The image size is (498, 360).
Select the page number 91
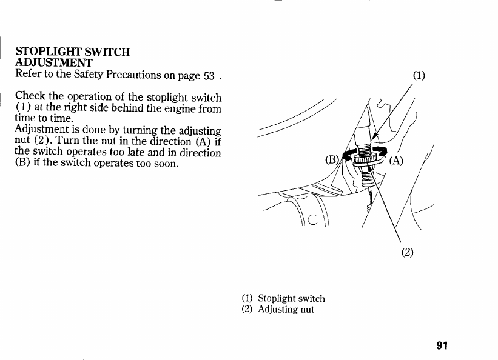441,346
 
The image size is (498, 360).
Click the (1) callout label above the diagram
419,76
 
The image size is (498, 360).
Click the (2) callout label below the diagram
407,252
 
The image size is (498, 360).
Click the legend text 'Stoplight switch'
291,298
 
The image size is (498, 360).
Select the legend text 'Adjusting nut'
286,309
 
